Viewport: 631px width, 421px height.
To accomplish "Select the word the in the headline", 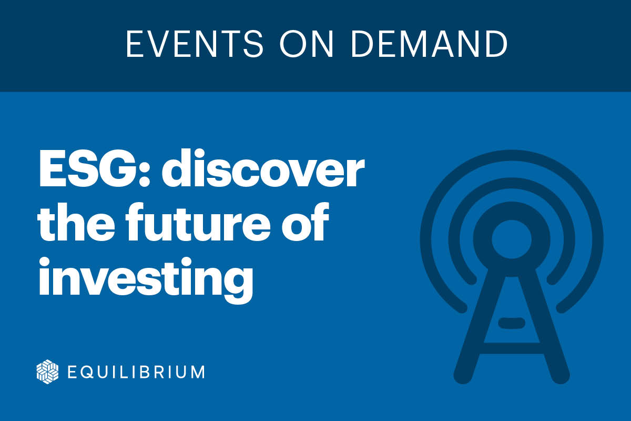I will [75, 225].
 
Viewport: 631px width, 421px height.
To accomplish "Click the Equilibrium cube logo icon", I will [47, 372].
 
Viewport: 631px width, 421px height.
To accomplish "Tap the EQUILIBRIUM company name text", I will [136, 372].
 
